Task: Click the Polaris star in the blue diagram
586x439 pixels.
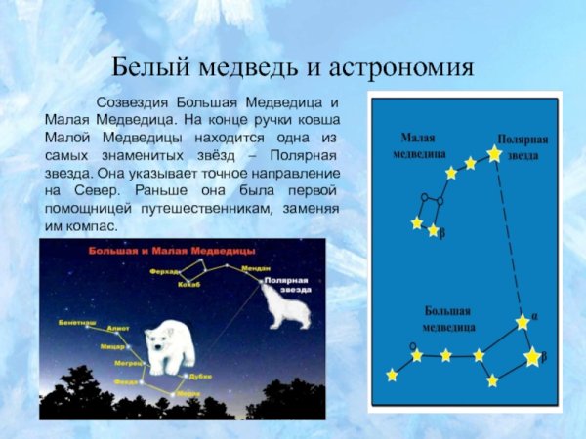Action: pos(494,153)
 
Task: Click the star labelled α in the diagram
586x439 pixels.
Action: pos(523,321)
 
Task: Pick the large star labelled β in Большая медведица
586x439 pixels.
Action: pos(532,357)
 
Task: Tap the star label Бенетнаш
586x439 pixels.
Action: pos(77,320)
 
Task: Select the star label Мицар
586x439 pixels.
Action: pos(112,345)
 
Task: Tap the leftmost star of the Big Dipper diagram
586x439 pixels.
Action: pos(393,375)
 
